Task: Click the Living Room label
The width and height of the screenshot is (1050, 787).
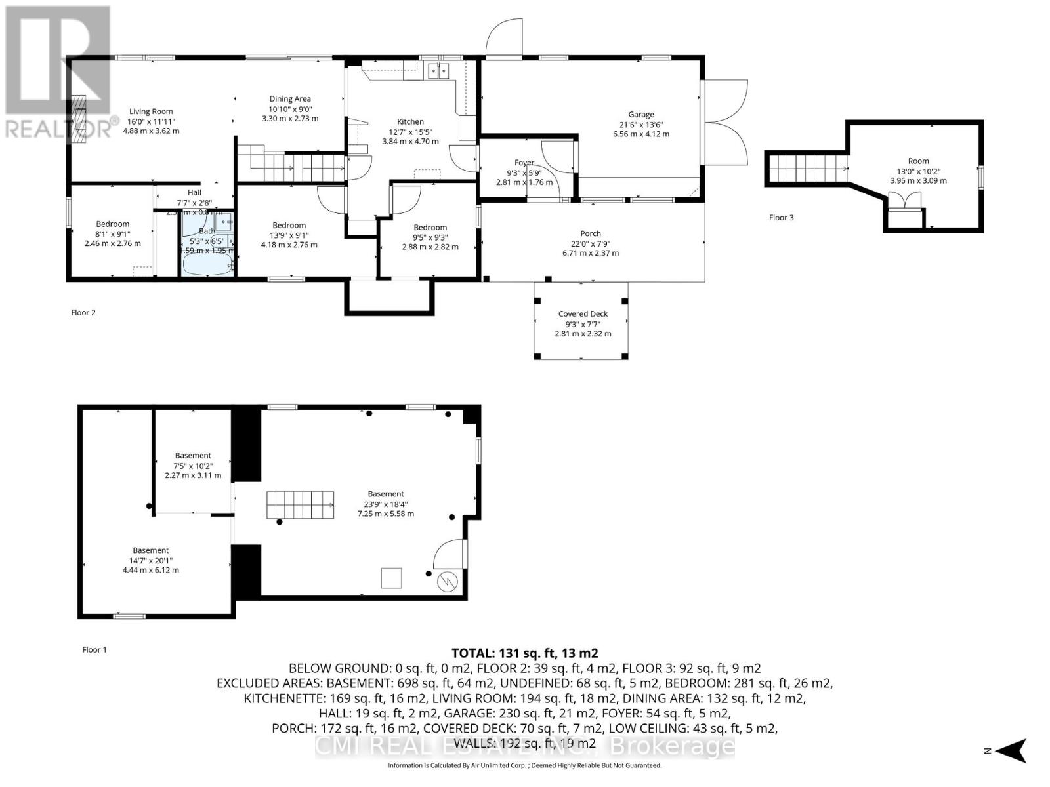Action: coord(151,111)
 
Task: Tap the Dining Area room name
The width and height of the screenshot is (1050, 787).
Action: coord(290,99)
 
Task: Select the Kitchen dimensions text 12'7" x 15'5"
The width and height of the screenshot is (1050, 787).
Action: coord(410,131)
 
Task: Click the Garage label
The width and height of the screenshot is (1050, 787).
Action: coord(640,115)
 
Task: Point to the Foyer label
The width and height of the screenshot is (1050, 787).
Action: coord(524,163)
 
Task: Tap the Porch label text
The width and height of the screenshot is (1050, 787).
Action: coord(591,233)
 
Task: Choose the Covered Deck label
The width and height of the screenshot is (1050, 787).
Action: coord(583,314)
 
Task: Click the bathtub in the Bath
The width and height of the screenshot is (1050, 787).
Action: coord(207,266)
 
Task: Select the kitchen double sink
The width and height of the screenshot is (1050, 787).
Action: coord(438,71)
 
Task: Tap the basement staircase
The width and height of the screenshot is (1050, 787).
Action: coord(300,505)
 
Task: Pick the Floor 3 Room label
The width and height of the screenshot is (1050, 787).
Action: coord(918,161)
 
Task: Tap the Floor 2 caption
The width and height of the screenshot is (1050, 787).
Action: coord(83,313)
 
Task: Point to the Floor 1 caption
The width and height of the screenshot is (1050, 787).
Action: coord(94,650)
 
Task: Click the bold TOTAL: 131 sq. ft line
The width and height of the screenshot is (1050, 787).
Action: coord(524,653)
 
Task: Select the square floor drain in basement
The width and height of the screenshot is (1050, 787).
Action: coord(392,578)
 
